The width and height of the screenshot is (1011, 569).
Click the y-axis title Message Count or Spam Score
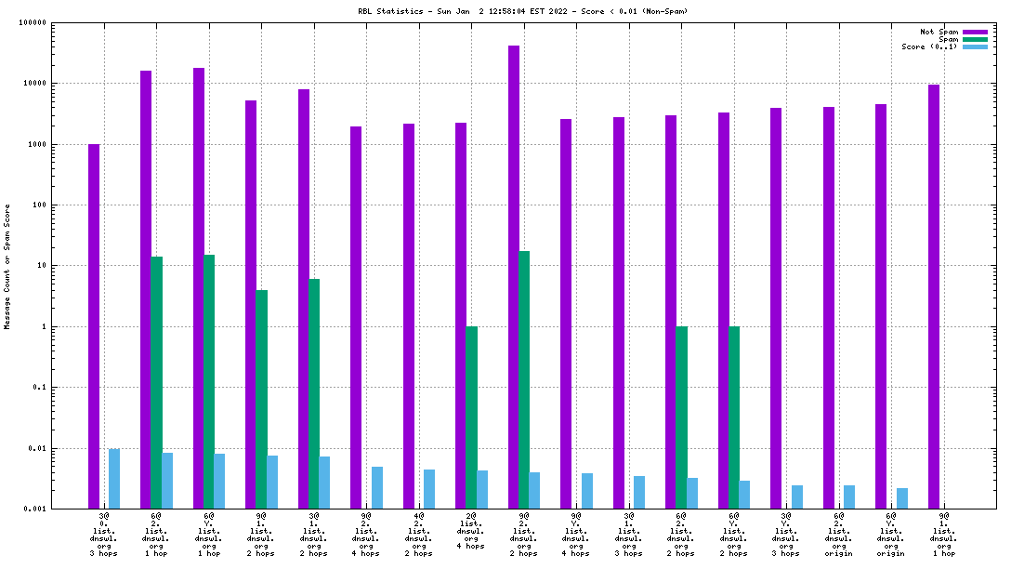coord(7,267)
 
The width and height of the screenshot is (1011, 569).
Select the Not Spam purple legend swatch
coord(975,32)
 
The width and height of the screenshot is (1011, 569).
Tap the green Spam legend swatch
coord(975,39)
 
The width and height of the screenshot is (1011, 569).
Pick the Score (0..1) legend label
coord(929,46)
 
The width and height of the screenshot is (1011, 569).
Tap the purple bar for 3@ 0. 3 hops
coord(94,325)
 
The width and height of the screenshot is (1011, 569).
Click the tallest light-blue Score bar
coord(114,478)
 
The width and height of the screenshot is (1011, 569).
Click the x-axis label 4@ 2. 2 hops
coord(419,534)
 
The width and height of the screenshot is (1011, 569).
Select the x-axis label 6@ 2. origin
coord(839,534)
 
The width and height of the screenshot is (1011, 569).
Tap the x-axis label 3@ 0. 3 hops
coord(104,534)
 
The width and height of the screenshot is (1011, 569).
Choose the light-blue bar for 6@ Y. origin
coord(902,498)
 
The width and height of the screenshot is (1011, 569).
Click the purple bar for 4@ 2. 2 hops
coord(409,315)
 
